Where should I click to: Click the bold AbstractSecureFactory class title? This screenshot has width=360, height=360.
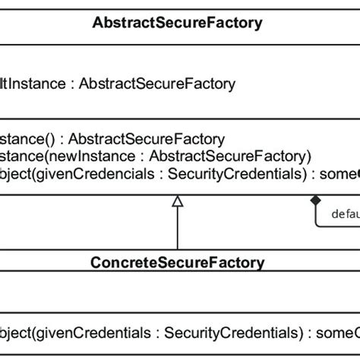pos(177,23)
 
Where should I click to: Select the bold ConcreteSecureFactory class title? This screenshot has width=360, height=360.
pos(177,263)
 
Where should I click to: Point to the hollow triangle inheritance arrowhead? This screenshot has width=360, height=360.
pos(178,201)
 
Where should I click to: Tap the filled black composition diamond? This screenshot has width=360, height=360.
pos(316,200)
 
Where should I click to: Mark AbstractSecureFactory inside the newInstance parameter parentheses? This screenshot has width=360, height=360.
pos(228,156)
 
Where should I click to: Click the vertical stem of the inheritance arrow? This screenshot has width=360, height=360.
pos(178,228)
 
